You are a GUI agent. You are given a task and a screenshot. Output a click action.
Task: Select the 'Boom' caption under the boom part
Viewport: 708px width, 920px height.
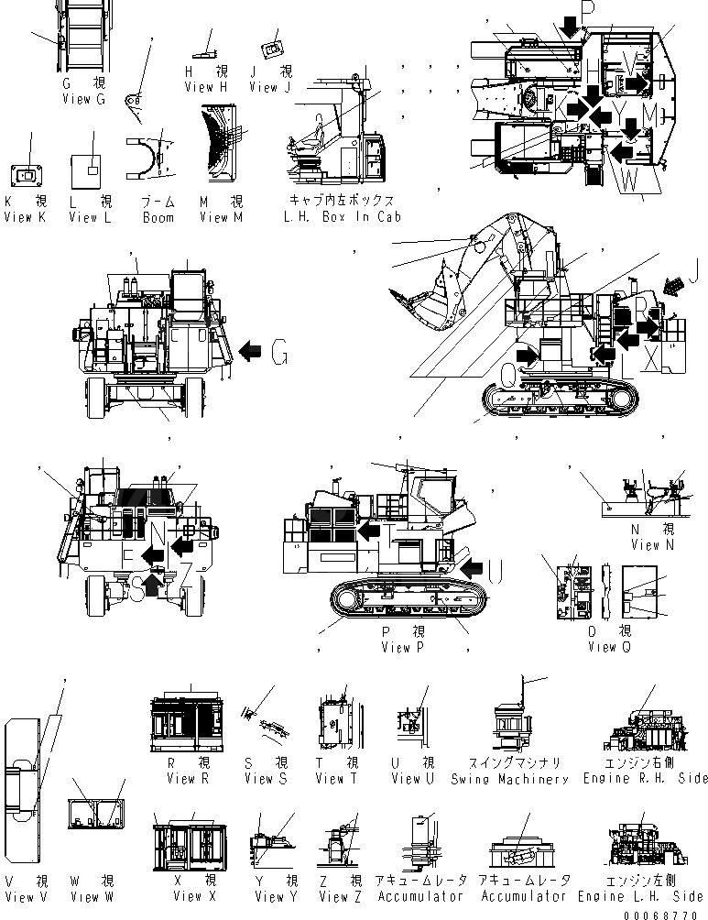(x=158, y=218)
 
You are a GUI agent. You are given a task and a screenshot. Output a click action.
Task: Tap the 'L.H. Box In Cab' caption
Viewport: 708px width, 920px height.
(x=343, y=218)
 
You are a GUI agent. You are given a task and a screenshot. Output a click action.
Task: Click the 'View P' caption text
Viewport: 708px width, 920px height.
(x=404, y=648)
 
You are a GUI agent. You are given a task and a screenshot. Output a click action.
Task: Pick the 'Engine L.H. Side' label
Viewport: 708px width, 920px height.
(x=644, y=896)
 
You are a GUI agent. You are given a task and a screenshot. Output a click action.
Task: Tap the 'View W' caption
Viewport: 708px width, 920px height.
(x=92, y=896)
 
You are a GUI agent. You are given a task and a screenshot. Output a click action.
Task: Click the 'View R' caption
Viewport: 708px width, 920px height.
(x=188, y=779)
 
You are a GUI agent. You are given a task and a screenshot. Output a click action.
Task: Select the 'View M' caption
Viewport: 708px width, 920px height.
(x=221, y=218)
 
